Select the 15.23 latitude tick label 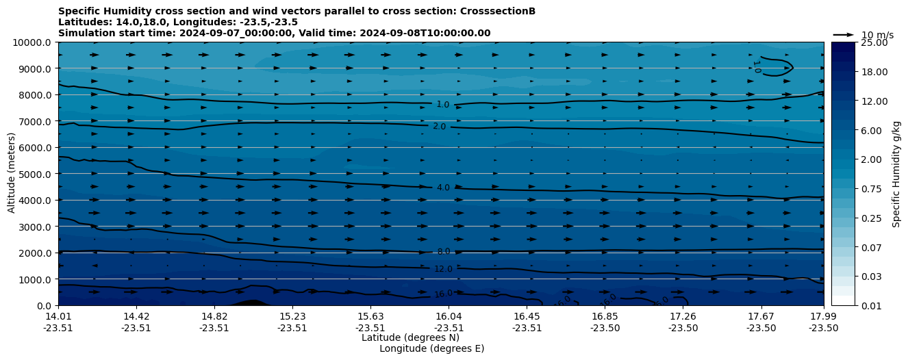292,316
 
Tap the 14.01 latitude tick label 58,316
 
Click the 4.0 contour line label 443,188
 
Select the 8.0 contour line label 444,252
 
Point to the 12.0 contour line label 443,269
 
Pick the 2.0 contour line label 439,127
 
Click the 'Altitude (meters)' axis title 12,174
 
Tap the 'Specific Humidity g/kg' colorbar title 896,174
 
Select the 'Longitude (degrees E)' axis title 431,348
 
